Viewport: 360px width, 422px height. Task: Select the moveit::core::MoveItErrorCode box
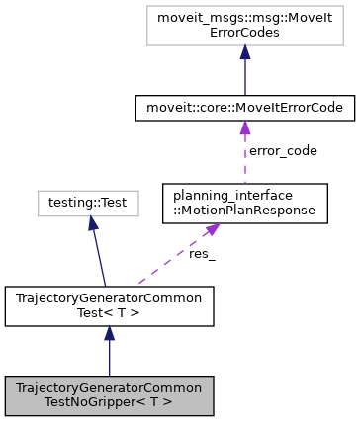(243, 107)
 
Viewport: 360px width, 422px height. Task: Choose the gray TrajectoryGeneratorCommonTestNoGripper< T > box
(109, 394)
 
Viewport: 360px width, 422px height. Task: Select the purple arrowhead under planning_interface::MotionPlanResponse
(210, 230)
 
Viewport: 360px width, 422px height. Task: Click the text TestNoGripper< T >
(109, 401)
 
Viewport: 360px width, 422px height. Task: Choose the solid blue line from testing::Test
(98, 255)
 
